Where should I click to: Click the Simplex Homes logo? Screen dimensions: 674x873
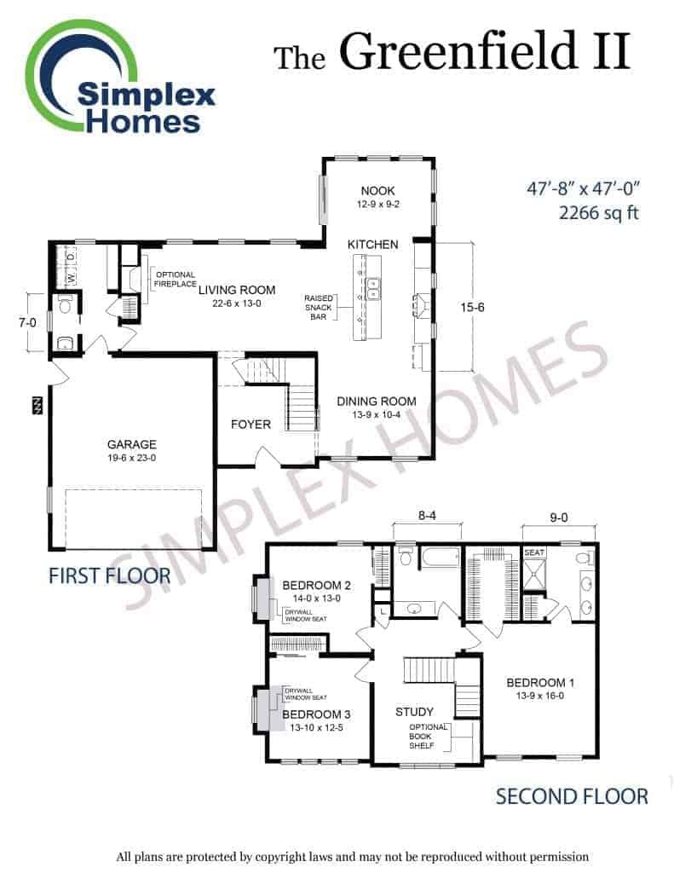click(119, 78)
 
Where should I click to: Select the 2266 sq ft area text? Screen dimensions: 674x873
click(598, 212)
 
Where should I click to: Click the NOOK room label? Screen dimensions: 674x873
click(378, 190)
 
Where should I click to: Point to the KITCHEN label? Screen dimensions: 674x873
click(373, 245)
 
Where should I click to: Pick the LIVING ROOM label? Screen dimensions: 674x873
click(237, 290)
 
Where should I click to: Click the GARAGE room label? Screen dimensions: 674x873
click(132, 444)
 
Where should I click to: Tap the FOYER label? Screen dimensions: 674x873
click(251, 425)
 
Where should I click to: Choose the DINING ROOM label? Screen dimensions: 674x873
click(377, 402)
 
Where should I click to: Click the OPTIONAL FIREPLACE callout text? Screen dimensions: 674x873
click(176, 279)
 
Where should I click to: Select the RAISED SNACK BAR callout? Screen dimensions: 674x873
click(319, 307)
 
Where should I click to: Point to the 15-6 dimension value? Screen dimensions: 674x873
click(472, 307)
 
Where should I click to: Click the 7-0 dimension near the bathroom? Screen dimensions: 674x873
click(27, 322)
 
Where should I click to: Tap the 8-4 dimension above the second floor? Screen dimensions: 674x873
click(427, 516)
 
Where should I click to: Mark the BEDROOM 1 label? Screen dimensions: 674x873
click(540, 683)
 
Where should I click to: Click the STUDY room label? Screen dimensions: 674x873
click(414, 712)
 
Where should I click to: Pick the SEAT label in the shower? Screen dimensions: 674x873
click(534, 552)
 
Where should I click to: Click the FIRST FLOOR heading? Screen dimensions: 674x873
click(110, 575)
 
